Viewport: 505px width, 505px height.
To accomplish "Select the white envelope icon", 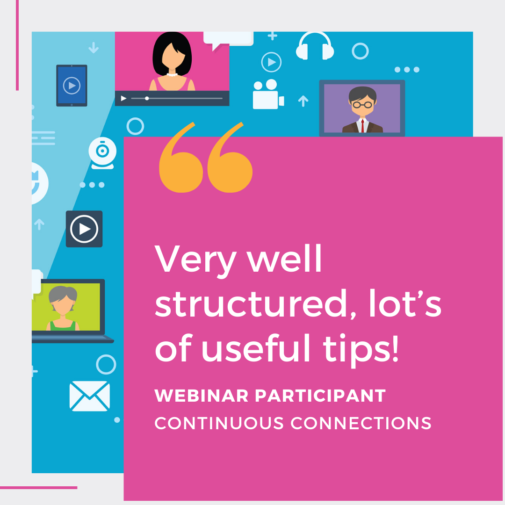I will [90, 396].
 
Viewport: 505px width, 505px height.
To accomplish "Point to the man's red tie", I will [362, 125].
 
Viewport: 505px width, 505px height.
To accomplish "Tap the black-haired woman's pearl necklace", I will [172, 74].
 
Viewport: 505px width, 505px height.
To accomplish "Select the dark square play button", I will [84, 229].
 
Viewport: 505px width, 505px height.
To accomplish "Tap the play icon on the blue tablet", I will [72, 86].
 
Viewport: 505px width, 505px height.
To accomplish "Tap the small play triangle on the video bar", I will [124, 99].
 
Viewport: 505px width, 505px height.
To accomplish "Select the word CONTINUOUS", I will [219, 423].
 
